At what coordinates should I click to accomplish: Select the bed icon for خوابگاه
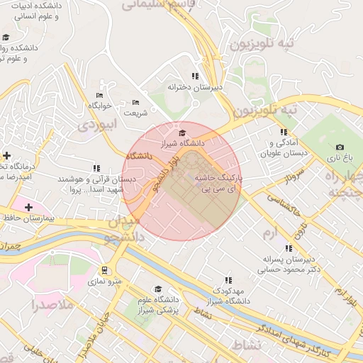(x=99, y=95)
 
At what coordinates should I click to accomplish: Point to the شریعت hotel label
(x=135, y=112)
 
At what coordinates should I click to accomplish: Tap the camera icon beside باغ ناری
(x=339, y=147)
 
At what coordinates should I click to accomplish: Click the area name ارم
(x=271, y=233)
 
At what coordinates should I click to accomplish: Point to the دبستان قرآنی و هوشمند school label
(x=91, y=185)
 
